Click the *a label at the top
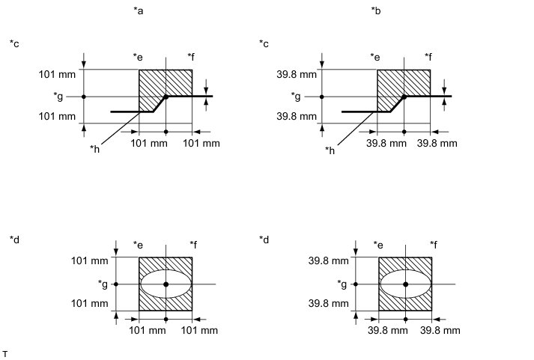tap(139, 11)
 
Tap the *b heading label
tap(376, 11)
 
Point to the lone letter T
tap(4, 354)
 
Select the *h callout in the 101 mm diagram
tap(94, 149)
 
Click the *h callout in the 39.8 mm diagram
tap(330, 150)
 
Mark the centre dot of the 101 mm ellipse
tap(166, 284)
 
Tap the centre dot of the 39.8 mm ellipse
tap(406, 284)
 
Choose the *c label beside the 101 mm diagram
tap(14, 44)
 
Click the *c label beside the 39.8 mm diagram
tap(264, 44)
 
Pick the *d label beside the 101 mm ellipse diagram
tap(15, 240)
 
